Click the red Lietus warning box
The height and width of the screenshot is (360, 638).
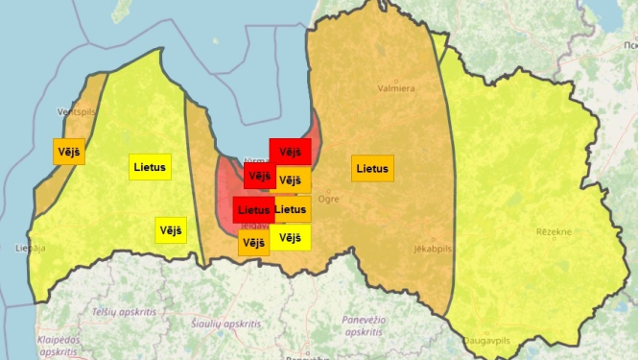[253, 209]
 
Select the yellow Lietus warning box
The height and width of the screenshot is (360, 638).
[150, 167]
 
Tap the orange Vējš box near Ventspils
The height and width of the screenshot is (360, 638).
[68, 152]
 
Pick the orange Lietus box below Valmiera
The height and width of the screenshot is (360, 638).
[372, 169]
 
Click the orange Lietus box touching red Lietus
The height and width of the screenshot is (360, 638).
[292, 209]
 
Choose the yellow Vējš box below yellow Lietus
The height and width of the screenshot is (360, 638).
[171, 230]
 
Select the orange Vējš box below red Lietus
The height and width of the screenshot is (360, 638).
[253, 243]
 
